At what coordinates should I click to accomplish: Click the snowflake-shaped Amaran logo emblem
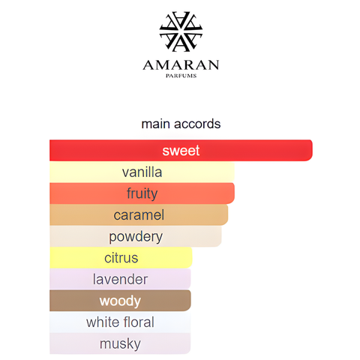click(181, 31)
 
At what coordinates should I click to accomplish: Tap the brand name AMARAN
click(181, 65)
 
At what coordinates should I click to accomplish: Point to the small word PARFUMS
click(181, 76)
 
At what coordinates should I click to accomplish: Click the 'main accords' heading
click(181, 124)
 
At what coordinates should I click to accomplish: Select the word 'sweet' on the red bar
click(181, 151)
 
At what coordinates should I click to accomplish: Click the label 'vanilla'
click(142, 172)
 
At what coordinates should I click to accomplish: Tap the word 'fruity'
click(142, 194)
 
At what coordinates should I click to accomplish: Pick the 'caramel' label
click(139, 215)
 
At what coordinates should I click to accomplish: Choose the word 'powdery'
click(136, 237)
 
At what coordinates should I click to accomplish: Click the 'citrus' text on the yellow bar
click(121, 258)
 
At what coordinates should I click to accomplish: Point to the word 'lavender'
click(120, 279)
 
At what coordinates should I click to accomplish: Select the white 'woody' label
click(120, 301)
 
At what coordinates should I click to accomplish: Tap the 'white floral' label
click(120, 322)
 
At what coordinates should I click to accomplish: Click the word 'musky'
click(120, 344)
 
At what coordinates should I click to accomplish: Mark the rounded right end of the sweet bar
click(312, 150)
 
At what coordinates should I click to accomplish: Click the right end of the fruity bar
click(234, 193)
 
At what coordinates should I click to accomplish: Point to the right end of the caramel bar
click(227, 214)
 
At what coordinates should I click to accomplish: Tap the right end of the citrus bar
click(191, 257)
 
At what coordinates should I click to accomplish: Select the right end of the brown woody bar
click(190, 301)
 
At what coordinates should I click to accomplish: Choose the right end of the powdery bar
click(220, 236)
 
